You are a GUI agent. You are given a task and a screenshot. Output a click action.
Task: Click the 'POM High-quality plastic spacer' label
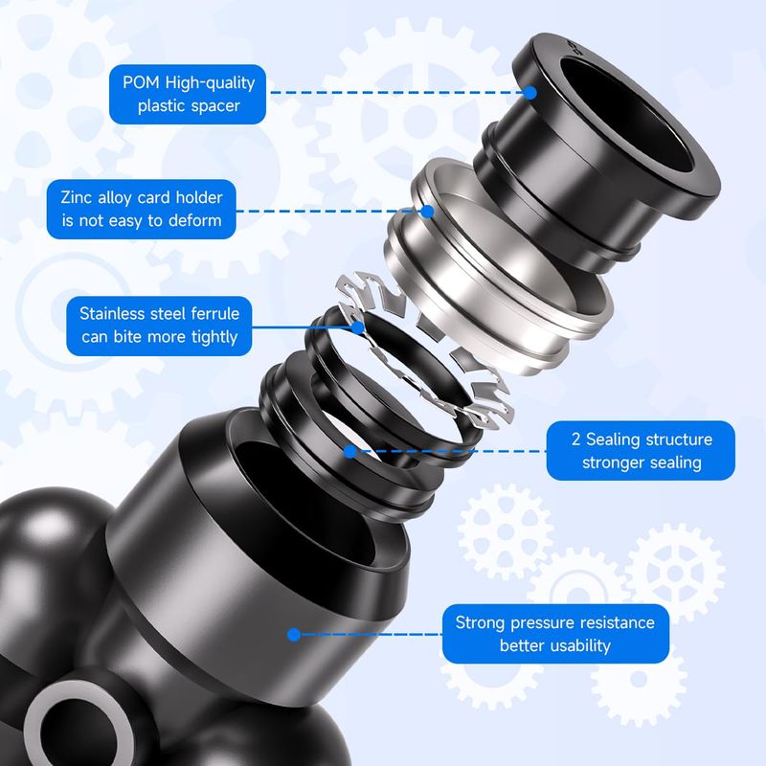click(188, 94)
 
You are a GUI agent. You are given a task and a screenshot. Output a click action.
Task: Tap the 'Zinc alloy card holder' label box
click(142, 209)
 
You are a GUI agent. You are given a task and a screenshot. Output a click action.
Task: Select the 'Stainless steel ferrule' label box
click(159, 326)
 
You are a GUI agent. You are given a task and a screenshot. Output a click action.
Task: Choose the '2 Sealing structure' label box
click(641, 450)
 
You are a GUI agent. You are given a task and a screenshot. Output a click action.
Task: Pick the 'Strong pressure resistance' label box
click(555, 634)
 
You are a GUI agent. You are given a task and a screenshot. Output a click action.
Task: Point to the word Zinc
click(77, 197)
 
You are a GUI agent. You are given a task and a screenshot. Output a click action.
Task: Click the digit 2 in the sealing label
click(576, 439)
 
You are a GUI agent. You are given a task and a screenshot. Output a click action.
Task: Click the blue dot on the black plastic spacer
click(530, 92)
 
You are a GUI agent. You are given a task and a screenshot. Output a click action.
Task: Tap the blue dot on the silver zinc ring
click(427, 212)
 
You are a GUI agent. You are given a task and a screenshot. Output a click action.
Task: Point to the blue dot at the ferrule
click(357, 327)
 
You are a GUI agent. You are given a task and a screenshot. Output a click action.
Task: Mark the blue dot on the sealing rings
click(349, 451)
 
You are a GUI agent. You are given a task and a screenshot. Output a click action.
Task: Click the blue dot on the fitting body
click(294, 635)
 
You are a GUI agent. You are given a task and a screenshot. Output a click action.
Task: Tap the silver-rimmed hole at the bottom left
click(79, 726)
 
